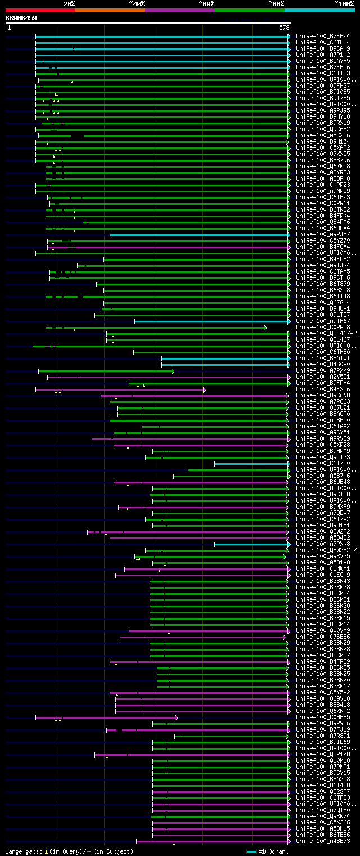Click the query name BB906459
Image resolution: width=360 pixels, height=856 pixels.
(x=21, y=18)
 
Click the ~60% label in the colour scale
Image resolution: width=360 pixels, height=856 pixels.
(x=206, y=4)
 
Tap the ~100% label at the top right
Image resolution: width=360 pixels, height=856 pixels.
(x=344, y=4)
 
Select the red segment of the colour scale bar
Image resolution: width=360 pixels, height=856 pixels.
(x=40, y=10)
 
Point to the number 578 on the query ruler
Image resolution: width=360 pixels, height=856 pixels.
(x=284, y=27)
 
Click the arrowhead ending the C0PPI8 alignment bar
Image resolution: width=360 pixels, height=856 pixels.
(x=265, y=328)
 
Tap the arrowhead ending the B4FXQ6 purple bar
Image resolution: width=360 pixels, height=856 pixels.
(x=205, y=389)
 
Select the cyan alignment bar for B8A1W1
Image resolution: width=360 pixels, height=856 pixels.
(x=225, y=358)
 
